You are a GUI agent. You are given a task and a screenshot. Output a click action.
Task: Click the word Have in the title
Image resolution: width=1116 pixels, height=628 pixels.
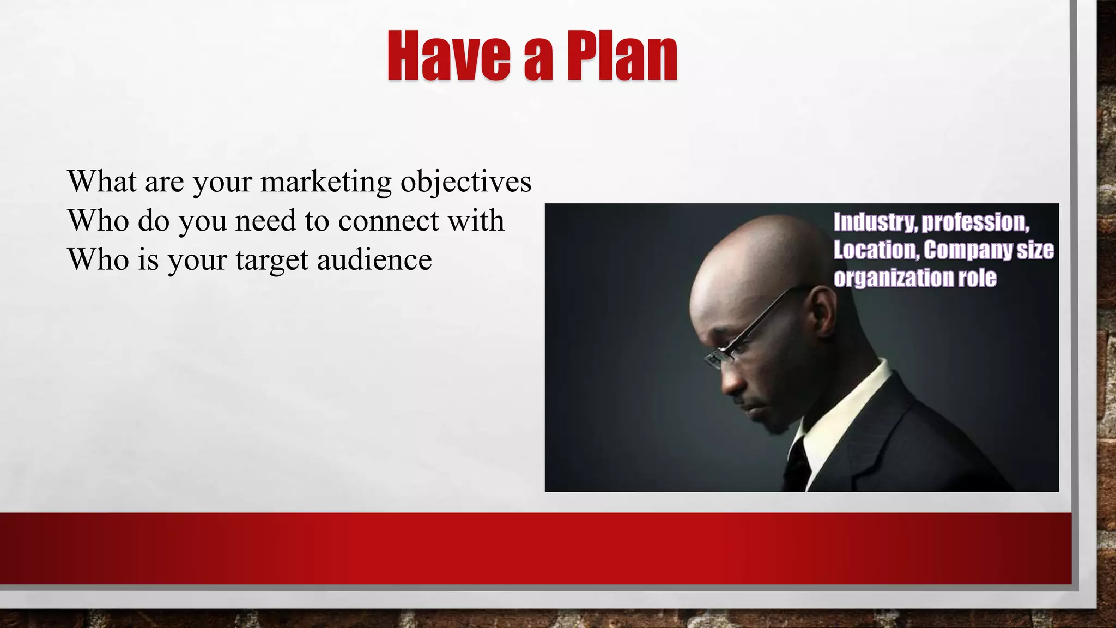tap(448, 56)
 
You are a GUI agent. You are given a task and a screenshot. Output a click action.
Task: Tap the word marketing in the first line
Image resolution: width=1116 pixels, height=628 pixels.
tap(326, 182)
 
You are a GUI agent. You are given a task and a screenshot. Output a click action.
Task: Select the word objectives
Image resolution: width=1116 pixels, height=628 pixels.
tap(466, 182)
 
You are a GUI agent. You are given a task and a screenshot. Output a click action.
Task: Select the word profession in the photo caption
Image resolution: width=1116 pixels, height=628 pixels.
tap(975, 222)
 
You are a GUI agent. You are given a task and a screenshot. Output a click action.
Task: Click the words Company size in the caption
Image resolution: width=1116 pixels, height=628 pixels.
tap(988, 250)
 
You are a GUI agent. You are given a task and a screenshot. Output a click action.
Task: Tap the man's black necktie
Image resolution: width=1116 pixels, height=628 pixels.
tap(797, 463)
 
